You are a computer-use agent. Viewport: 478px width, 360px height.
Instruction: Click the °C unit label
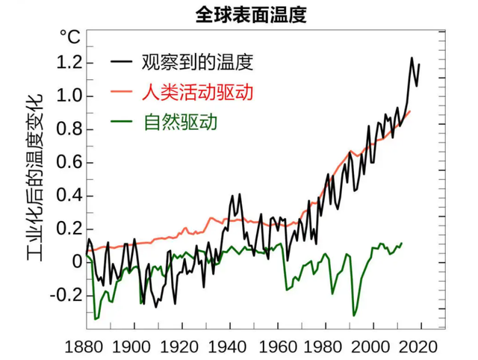pos(71,36)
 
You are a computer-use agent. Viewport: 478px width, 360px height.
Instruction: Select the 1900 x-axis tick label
pos(134,347)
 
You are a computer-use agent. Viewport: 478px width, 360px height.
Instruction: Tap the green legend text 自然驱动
pos(179,122)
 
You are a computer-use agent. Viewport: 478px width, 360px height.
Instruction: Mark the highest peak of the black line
pos(412,58)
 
